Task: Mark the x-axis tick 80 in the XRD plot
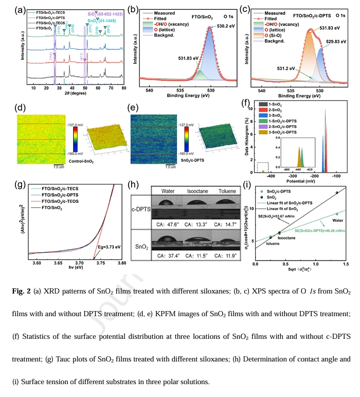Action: pos(122,88)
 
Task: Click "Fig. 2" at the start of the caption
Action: pos(23,292)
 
